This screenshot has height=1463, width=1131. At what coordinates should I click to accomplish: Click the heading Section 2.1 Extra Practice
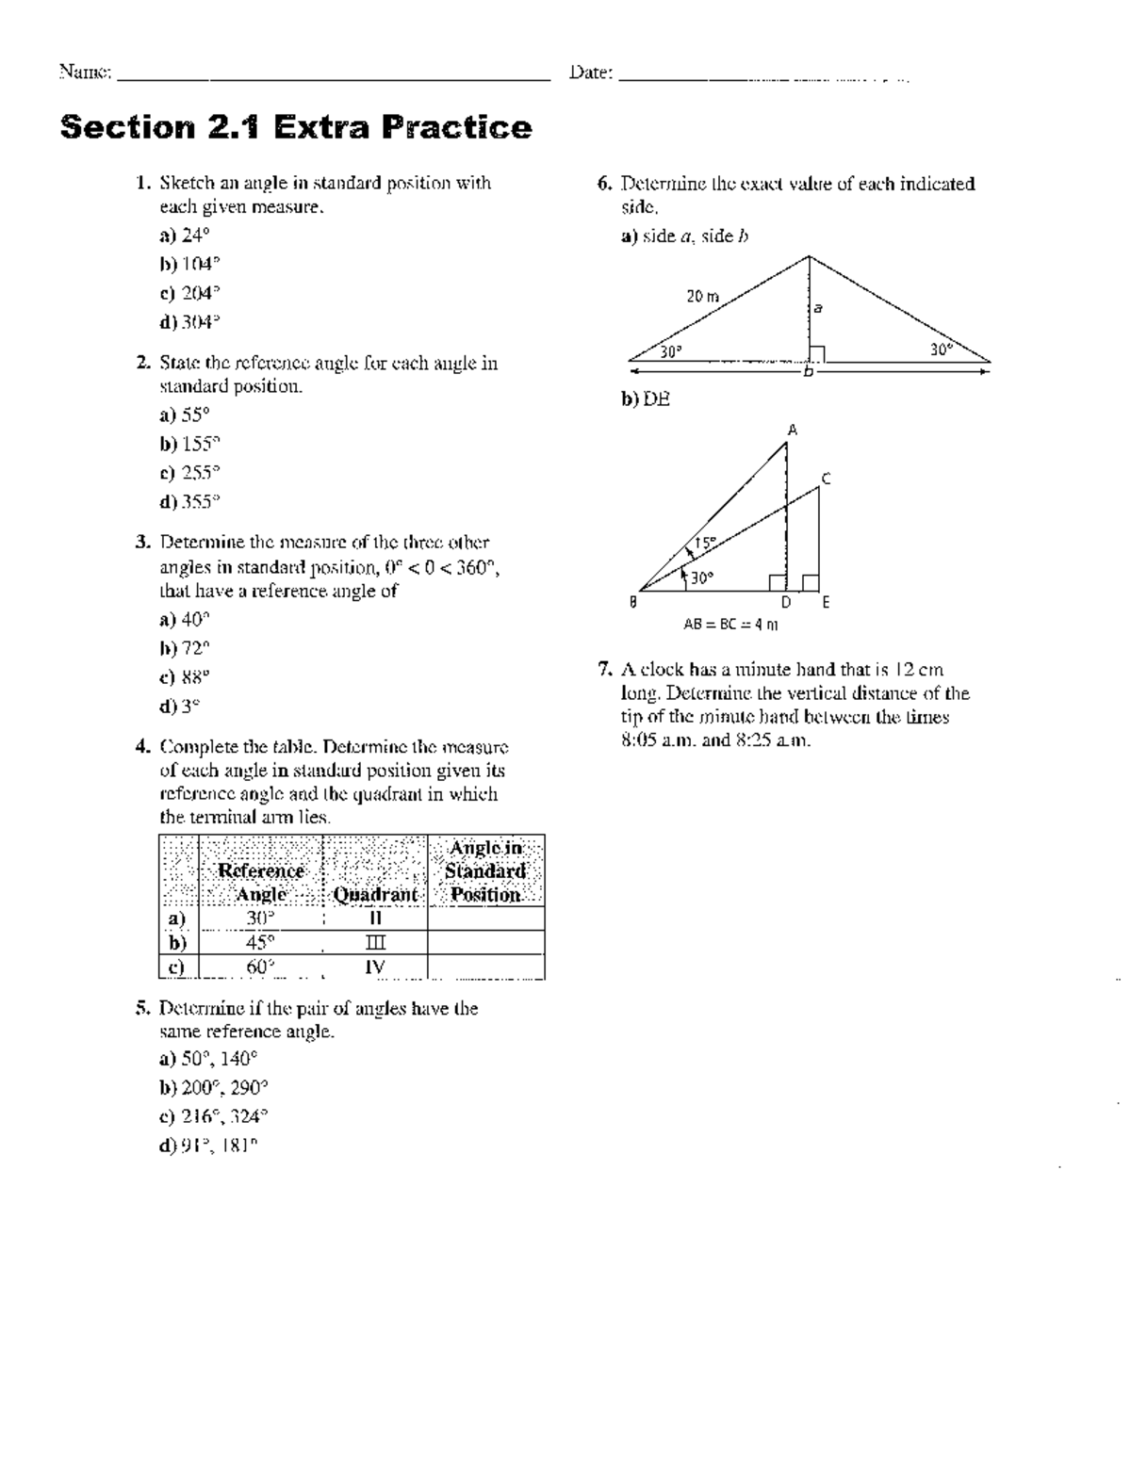pyautogui.click(x=296, y=127)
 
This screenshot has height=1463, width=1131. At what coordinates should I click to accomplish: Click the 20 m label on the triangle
pyautogui.click(x=702, y=296)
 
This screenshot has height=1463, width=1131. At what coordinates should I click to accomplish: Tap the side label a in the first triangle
pyautogui.click(x=818, y=307)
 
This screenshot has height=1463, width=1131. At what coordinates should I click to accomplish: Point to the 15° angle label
pyautogui.click(x=705, y=543)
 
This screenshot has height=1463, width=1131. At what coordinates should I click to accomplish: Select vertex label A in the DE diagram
pyautogui.click(x=792, y=431)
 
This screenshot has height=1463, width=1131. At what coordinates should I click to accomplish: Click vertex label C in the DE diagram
pyautogui.click(x=826, y=480)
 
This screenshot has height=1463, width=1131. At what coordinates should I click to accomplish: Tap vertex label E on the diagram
pyautogui.click(x=826, y=603)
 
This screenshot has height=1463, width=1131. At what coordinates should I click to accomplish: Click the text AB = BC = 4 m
pyautogui.click(x=730, y=624)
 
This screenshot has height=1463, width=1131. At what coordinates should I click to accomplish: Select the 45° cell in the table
pyautogui.click(x=260, y=942)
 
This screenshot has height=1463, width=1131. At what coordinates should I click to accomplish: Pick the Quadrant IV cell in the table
pyautogui.click(x=374, y=967)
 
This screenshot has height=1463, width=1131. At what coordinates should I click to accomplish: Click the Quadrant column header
pyautogui.click(x=374, y=894)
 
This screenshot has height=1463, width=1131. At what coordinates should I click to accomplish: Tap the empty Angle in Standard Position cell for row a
pyautogui.click(x=486, y=918)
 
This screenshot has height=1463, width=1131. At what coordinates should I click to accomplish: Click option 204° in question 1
pyautogui.click(x=200, y=293)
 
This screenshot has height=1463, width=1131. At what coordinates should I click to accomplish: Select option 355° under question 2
pyautogui.click(x=200, y=502)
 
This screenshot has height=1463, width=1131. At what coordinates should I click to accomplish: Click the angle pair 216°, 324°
pyautogui.click(x=224, y=1116)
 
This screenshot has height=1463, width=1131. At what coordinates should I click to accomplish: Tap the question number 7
pyautogui.click(x=605, y=670)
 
